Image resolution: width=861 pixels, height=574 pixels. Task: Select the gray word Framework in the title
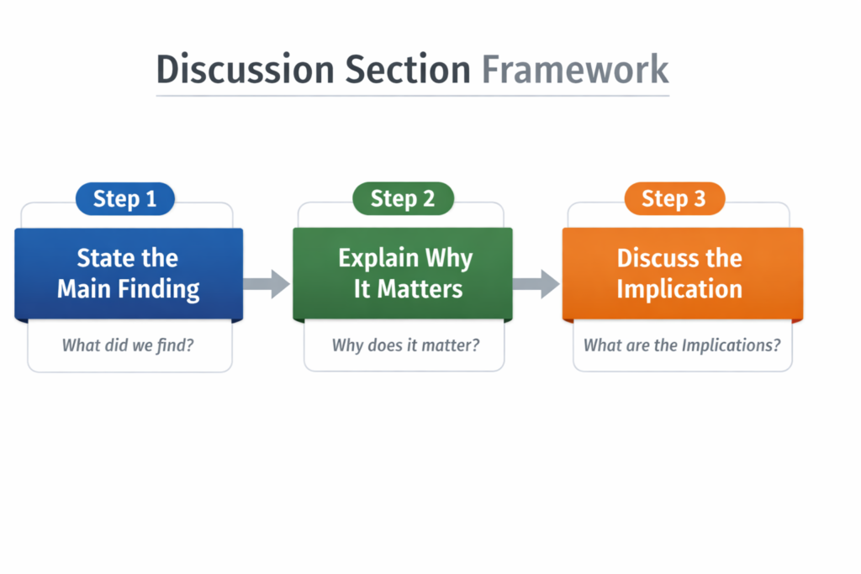click(x=575, y=69)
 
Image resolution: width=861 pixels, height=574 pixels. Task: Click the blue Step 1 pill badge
click(x=125, y=199)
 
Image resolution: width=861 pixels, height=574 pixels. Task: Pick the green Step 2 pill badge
click(x=403, y=199)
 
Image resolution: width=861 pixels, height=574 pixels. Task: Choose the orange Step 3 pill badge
click(x=673, y=199)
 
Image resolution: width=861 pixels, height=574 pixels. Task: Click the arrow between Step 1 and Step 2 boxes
click(x=267, y=283)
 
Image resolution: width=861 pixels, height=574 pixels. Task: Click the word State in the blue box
click(x=103, y=258)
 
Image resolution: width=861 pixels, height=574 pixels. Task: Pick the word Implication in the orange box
click(x=679, y=289)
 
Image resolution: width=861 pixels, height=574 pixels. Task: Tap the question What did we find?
click(x=128, y=344)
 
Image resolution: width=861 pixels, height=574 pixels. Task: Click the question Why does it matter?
click(x=405, y=344)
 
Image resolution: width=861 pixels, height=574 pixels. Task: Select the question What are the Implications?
click(x=682, y=344)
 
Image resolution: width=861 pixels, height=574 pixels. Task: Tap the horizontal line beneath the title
click(x=412, y=95)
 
